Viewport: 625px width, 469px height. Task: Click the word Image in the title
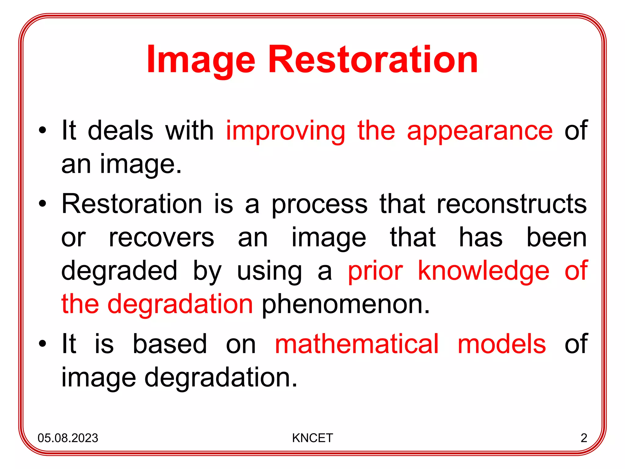point(201,60)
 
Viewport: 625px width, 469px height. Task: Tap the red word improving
point(285,131)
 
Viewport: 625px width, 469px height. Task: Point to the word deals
point(120,130)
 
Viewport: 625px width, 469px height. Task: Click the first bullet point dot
point(42,131)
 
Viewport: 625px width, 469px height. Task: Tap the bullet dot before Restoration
point(42,204)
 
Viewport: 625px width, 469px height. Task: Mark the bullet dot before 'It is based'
point(42,344)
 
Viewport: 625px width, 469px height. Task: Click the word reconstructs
point(512,204)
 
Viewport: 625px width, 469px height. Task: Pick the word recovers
point(161,238)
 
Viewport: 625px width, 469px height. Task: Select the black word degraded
point(119,271)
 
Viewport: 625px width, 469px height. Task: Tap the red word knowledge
point(483,271)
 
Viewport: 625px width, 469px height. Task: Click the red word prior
point(375,271)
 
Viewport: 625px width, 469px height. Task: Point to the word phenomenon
point(345,304)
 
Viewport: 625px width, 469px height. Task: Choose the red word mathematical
point(357,344)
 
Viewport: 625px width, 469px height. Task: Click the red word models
point(501,344)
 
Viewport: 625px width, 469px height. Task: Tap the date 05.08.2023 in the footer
point(68,438)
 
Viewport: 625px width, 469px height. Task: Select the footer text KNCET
point(312,438)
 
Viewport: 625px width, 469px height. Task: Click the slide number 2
point(584,438)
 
